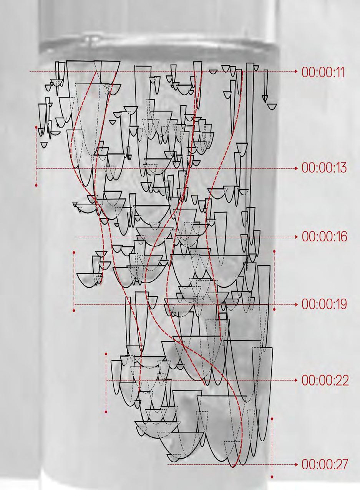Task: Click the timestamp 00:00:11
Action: coord(323,72)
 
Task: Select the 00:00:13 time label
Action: coord(324,168)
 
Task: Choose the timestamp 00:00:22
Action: coord(325,380)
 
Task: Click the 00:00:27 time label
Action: coord(325,465)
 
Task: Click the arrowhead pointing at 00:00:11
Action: coord(296,72)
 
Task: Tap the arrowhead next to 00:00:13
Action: coord(296,168)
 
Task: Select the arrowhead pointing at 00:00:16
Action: coord(296,237)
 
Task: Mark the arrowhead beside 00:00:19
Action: coord(296,304)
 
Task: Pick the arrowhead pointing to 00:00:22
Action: coord(296,380)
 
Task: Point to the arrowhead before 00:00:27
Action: coord(296,465)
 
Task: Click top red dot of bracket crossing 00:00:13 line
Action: coord(36,126)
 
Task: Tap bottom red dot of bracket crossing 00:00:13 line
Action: coord(36,185)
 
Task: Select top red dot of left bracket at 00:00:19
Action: coord(74,252)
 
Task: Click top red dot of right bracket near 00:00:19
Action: coord(274,251)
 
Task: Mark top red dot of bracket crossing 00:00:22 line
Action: coord(106,354)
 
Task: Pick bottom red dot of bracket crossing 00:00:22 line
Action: coord(106,412)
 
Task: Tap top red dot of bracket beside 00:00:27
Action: coord(272,419)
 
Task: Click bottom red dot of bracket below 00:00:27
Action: coord(272,477)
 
